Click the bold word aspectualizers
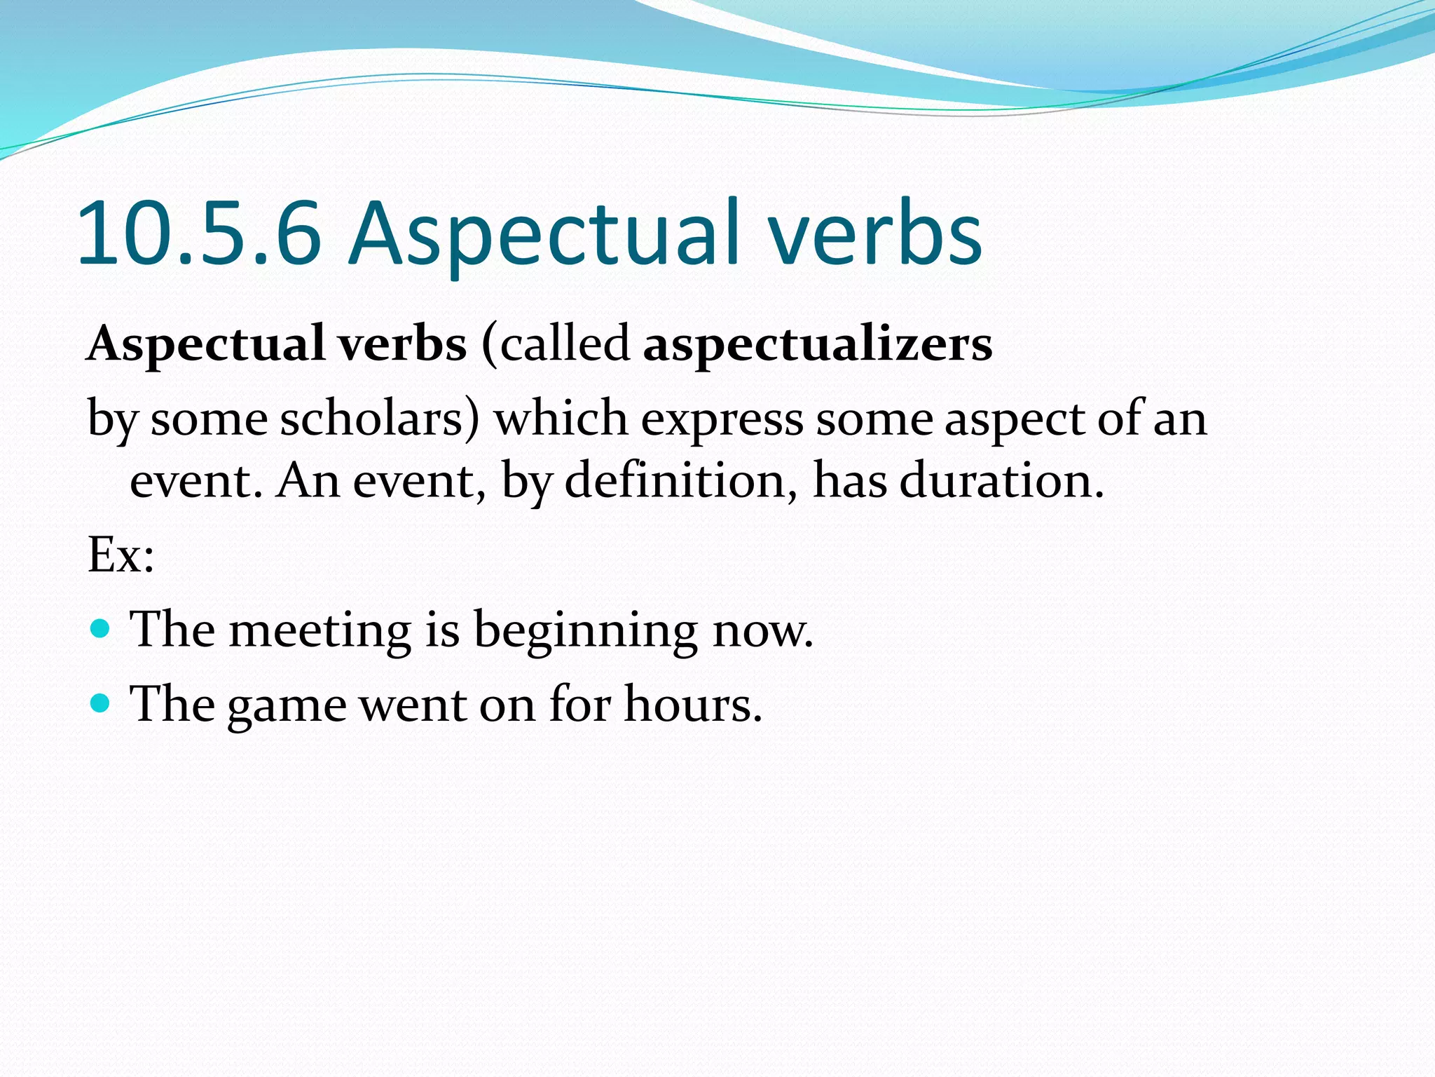pyautogui.click(x=818, y=344)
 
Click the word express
pyautogui.click(x=722, y=419)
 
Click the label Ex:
pyautogui.click(x=121, y=555)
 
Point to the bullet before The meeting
pyautogui.click(x=101, y=628)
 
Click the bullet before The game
pyautogui.click(x=101, y=703)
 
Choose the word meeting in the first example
pyautogui.click(x=320, y=629)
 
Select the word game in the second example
pyautogui.click(x=287, y=704)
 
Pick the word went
pyautogui.click(x=413, y=704)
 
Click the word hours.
pyautogui.click(x=692, y=704)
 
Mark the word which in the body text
pyautogui.click(x=561, y=419)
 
